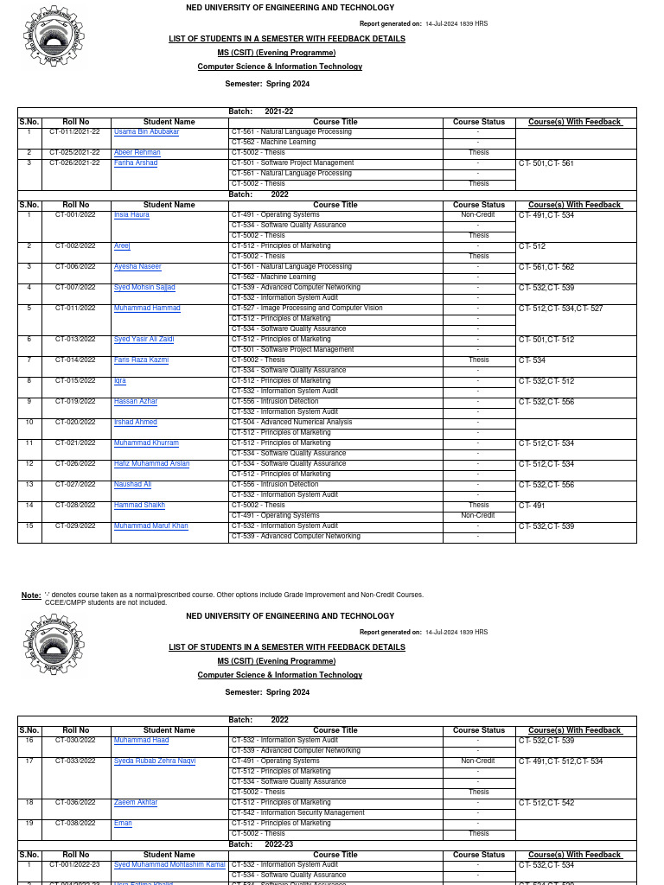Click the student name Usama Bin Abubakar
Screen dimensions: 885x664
point(146,132)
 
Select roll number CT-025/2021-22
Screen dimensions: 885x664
point(75,153)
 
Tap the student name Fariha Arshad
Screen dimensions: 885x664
point(136,163)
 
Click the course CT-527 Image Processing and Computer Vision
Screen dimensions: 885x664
point(307,309)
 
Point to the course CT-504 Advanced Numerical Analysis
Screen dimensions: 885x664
point(291,423)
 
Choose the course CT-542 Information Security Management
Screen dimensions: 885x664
point(298,813)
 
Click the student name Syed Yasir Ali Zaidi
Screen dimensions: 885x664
point(144,340)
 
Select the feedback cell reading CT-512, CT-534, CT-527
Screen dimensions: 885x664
point(560,309)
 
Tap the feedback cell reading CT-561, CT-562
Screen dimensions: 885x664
point(546,267)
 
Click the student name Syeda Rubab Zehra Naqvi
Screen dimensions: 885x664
point(155,761)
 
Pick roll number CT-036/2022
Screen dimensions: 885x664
point(75,803)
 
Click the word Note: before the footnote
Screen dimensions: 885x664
point(31,595)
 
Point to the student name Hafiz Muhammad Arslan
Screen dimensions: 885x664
point(151,464)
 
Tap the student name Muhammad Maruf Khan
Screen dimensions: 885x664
point(150,526)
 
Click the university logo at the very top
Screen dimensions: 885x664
point(54,39)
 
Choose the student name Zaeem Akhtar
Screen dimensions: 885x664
point(136,803)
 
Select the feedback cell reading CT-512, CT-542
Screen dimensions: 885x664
point(546,803)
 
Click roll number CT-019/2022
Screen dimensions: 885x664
point(75,402)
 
